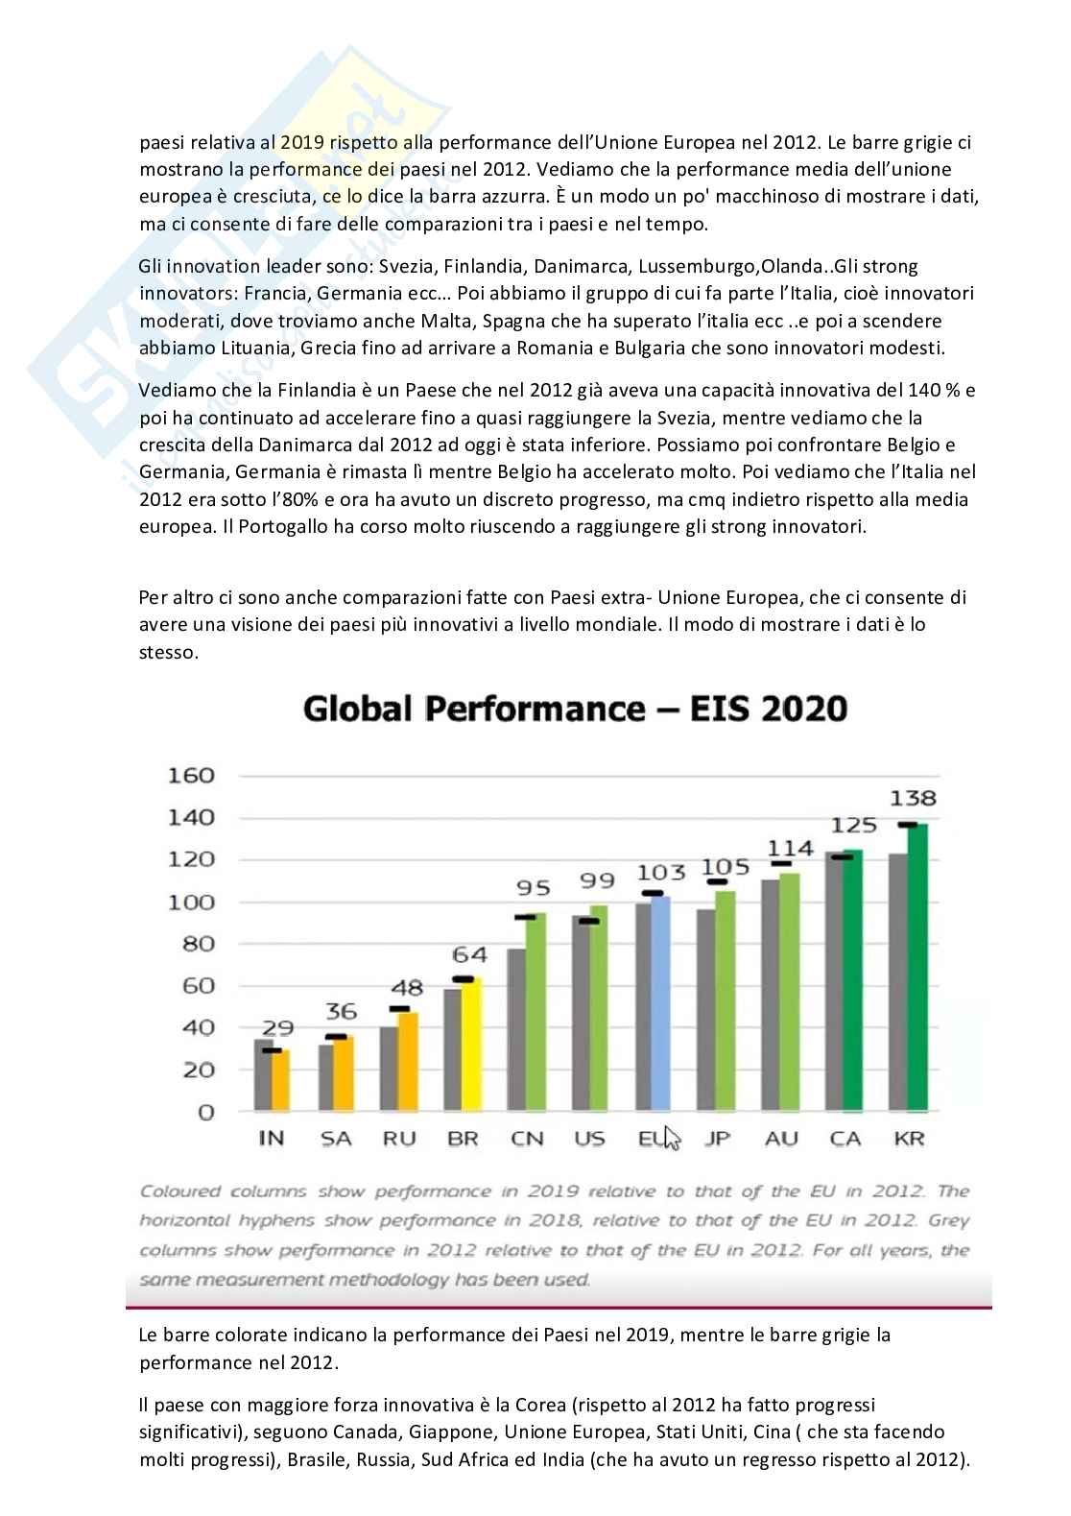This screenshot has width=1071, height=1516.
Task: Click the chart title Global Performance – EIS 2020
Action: tap(575, 710)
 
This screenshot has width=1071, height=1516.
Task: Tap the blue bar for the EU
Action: tap(661, 1003)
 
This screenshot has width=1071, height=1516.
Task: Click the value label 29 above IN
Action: tap(278, 1028)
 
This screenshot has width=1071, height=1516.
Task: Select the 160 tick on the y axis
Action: tap(191, 776)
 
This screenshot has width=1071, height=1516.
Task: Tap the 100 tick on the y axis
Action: tap(191, 902)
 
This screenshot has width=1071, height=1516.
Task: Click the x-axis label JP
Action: tap(717, 1139)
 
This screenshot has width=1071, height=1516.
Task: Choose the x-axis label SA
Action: tap(335, 1139)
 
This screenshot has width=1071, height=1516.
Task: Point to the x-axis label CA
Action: tap(845, 1139)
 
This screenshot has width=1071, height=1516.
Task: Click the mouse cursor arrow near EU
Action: tap(672, 1138)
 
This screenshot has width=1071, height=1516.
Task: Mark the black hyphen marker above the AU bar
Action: tap(781, 864)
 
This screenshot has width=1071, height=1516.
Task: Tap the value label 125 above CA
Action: tap(853, 825)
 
